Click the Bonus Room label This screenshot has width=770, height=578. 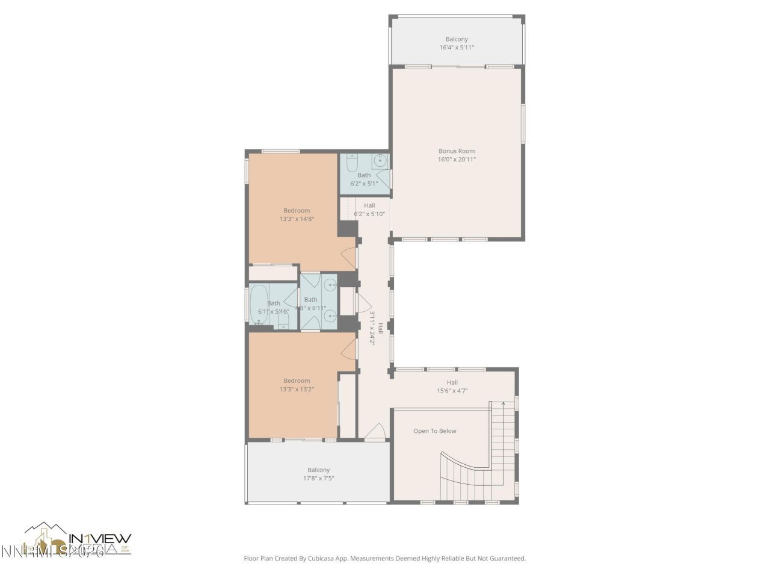tap(456, 151)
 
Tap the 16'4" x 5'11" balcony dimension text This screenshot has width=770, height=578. tap(456, 48)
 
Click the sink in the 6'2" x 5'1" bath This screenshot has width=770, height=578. tap(380, 160)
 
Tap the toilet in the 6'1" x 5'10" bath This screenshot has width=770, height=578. tap(283, 321)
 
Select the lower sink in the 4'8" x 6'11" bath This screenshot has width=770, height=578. tap(329, 315)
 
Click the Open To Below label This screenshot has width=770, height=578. tap(434, 431)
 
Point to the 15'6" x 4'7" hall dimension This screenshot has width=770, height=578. tap(452, 391)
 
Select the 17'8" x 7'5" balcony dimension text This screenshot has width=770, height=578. tap(318, 479)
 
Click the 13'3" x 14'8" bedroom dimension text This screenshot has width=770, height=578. tap(297, 219)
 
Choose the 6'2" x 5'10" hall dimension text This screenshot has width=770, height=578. tap(369, 214)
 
